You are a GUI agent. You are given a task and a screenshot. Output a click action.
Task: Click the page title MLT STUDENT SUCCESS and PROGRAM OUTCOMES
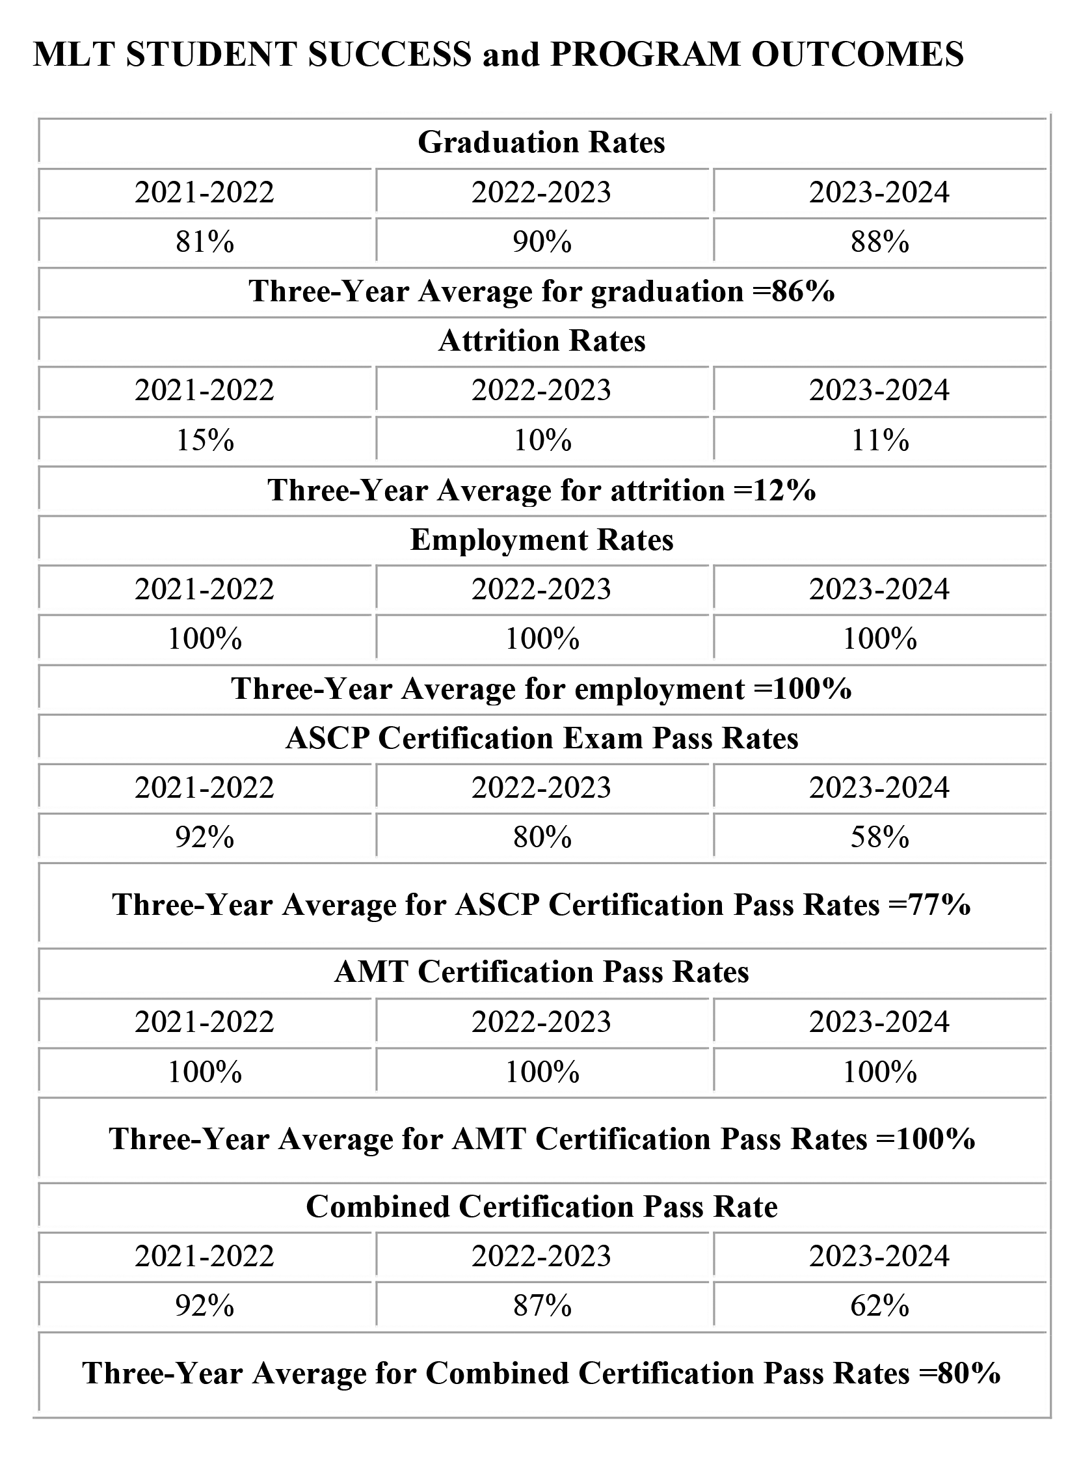[498, 53]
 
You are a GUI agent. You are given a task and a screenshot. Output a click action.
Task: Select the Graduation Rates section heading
[541, 142]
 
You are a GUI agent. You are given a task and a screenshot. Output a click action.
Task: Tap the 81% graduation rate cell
[205, 241]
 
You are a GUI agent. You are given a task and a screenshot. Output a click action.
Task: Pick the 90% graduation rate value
[542, 241]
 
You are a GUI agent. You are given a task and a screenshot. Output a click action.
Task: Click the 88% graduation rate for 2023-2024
[879, 241]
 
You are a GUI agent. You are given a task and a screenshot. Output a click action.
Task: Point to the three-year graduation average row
[542, 292]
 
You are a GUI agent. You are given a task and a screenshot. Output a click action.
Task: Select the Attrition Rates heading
[542, 341]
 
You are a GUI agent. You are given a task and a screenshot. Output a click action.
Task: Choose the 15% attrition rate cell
[205, 440]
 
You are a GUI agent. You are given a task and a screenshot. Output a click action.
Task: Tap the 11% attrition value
[879, 440]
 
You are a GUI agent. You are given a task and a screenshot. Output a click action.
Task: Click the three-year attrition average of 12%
[542, 489]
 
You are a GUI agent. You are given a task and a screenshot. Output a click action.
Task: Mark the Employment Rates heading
[542, 540]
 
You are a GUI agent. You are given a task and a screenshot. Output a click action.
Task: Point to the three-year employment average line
[542, 688]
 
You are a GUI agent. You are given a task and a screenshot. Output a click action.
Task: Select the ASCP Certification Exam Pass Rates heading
[542, 739]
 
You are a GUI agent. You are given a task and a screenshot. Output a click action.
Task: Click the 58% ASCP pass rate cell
[879, 837]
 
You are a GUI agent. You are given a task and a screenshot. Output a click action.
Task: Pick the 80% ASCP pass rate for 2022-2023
[542, 837]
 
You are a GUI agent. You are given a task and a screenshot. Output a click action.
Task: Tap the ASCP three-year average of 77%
[542, 904]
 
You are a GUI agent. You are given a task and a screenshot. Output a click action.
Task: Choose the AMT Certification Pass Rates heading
[542, 972]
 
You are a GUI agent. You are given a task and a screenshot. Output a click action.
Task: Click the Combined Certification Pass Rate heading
[542, 1206]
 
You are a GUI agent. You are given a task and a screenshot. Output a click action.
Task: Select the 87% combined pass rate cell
[542, 1306]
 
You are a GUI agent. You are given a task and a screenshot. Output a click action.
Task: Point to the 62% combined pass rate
[879, 1306]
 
